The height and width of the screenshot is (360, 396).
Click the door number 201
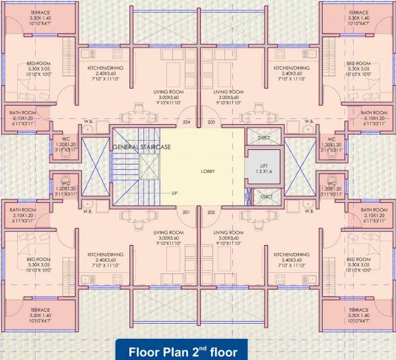(x=186, y=212)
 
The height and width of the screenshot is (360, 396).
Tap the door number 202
(x=211, y=212)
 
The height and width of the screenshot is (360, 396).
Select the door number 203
(x=211, y=122)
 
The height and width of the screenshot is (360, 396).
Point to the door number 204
(x=186, y=122)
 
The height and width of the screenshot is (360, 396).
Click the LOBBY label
(x=209, y=171)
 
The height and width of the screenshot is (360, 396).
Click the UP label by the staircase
(x=174, y=193)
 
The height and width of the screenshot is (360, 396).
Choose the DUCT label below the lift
(x=267, y=197)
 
